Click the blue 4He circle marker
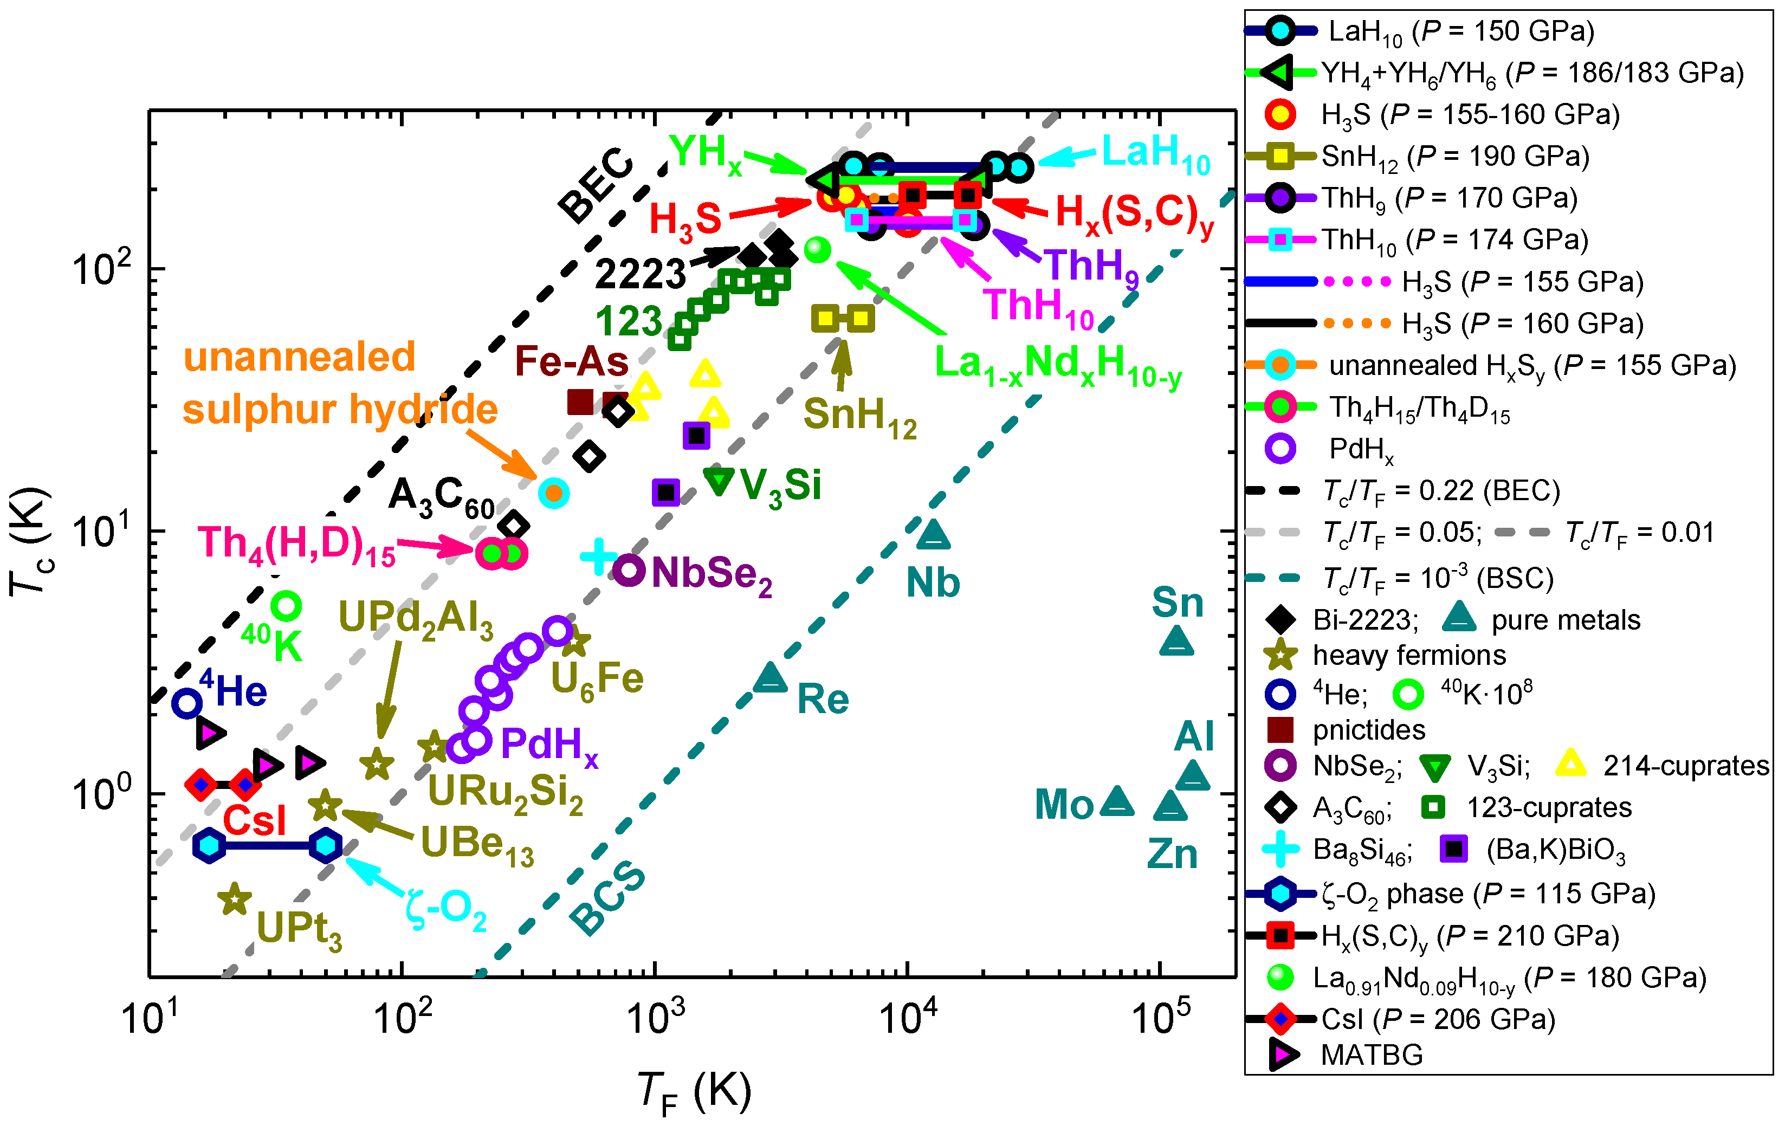tap(187, 703)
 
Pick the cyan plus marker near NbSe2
tap(599, 556)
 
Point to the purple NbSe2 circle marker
tap(629, 570)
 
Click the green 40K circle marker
tap(286, 606)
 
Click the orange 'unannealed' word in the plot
tap(300, 357)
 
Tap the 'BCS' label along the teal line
tap(608, 898)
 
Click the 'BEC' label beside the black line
tap(596, 185)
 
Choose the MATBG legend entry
tap(1372, 1054)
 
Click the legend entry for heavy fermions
tap(1408, 655)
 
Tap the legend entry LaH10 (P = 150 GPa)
tap(1460, 31)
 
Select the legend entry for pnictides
tap(1368, 730)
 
